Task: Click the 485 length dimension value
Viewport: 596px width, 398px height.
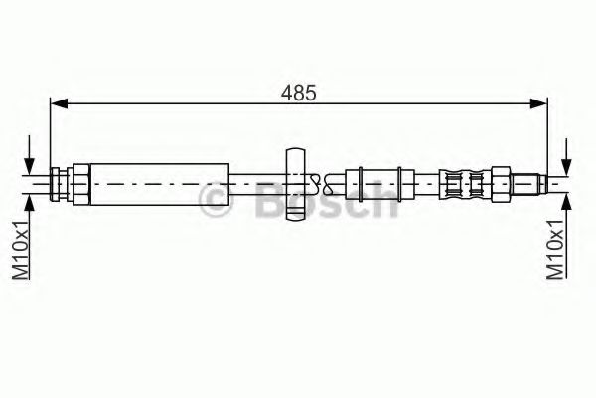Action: (298, 94)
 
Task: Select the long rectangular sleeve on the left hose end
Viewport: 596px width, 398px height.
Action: (159, 182)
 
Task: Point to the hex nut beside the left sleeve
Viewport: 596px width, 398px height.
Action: (78, 182)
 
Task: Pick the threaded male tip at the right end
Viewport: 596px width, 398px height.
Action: (537, 182)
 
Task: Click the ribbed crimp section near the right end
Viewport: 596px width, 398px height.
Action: (464, 182)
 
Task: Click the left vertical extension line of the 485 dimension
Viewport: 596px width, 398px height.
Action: (51, 134)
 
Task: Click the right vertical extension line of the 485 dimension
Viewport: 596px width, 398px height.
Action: (548, 134)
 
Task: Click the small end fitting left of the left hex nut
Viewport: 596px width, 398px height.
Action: (59, 182)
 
